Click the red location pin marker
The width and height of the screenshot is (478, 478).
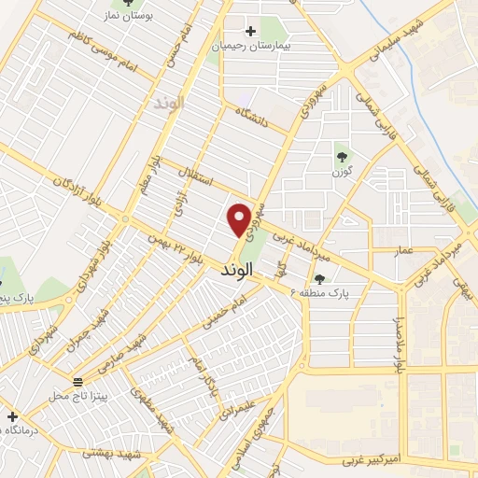(x=239, y=218)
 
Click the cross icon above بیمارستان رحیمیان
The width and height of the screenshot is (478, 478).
(x=251, y=31)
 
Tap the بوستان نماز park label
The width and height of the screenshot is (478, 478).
(x=127, y=17)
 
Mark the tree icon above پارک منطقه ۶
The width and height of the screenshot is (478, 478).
(x=319, y=278)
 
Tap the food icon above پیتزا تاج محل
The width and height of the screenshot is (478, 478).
(x=77, y=382)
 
